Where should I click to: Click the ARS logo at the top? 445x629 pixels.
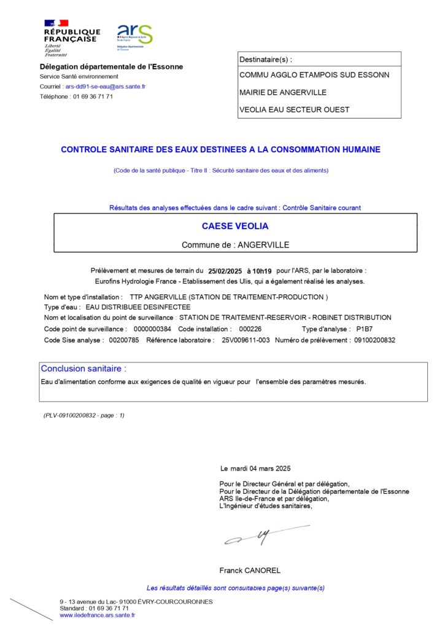(134, 37)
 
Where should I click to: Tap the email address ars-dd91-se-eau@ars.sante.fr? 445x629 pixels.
(106, 87)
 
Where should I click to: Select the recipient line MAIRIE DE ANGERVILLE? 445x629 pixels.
(283, 93)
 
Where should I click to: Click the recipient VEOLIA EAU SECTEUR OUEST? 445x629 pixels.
(294, 110)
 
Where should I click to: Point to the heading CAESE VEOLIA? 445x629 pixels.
(235, 226)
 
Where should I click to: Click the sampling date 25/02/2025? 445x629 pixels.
(225, 270)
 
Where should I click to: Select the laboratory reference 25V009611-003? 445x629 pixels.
(246, 340)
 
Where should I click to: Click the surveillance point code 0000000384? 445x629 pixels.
(152, 329)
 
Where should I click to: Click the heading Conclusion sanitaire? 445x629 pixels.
(83, 369)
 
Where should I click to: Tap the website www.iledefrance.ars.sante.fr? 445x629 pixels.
(98, 615)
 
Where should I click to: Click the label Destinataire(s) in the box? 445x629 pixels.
(266, 60)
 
